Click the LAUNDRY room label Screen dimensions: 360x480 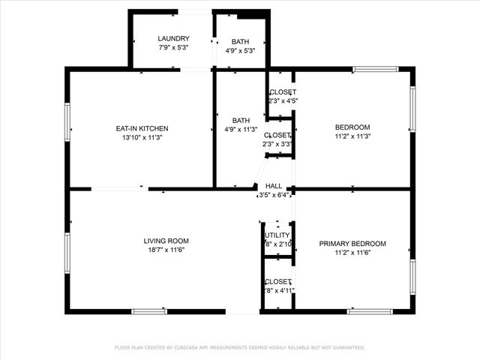173,39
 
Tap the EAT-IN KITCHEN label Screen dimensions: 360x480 142,128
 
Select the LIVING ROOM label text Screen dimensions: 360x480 166,241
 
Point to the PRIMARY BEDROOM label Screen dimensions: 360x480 352,244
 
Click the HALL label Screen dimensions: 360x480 274,186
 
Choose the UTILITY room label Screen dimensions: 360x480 277,235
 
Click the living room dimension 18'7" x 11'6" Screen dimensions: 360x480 166,250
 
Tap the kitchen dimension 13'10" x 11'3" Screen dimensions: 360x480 142,137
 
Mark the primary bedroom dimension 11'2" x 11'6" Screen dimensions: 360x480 352,253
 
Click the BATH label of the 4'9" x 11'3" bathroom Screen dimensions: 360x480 241,120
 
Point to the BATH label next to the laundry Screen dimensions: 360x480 241,41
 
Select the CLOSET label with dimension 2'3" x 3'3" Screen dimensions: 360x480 277,135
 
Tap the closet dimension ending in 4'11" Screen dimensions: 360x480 278,290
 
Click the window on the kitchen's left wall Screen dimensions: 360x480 67,121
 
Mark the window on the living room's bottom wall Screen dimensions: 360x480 148,311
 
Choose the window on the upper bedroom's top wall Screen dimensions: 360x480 375,70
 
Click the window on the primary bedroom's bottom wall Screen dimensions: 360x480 369,311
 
